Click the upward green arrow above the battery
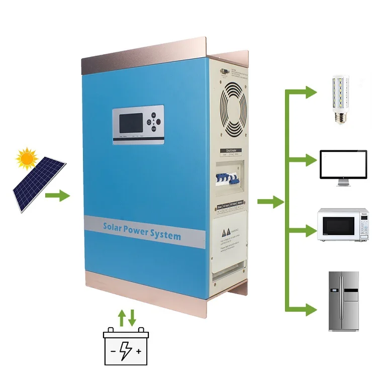point(121,317)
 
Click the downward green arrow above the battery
point(132,317)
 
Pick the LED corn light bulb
point(342,99)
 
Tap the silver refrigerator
point(344,301)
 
